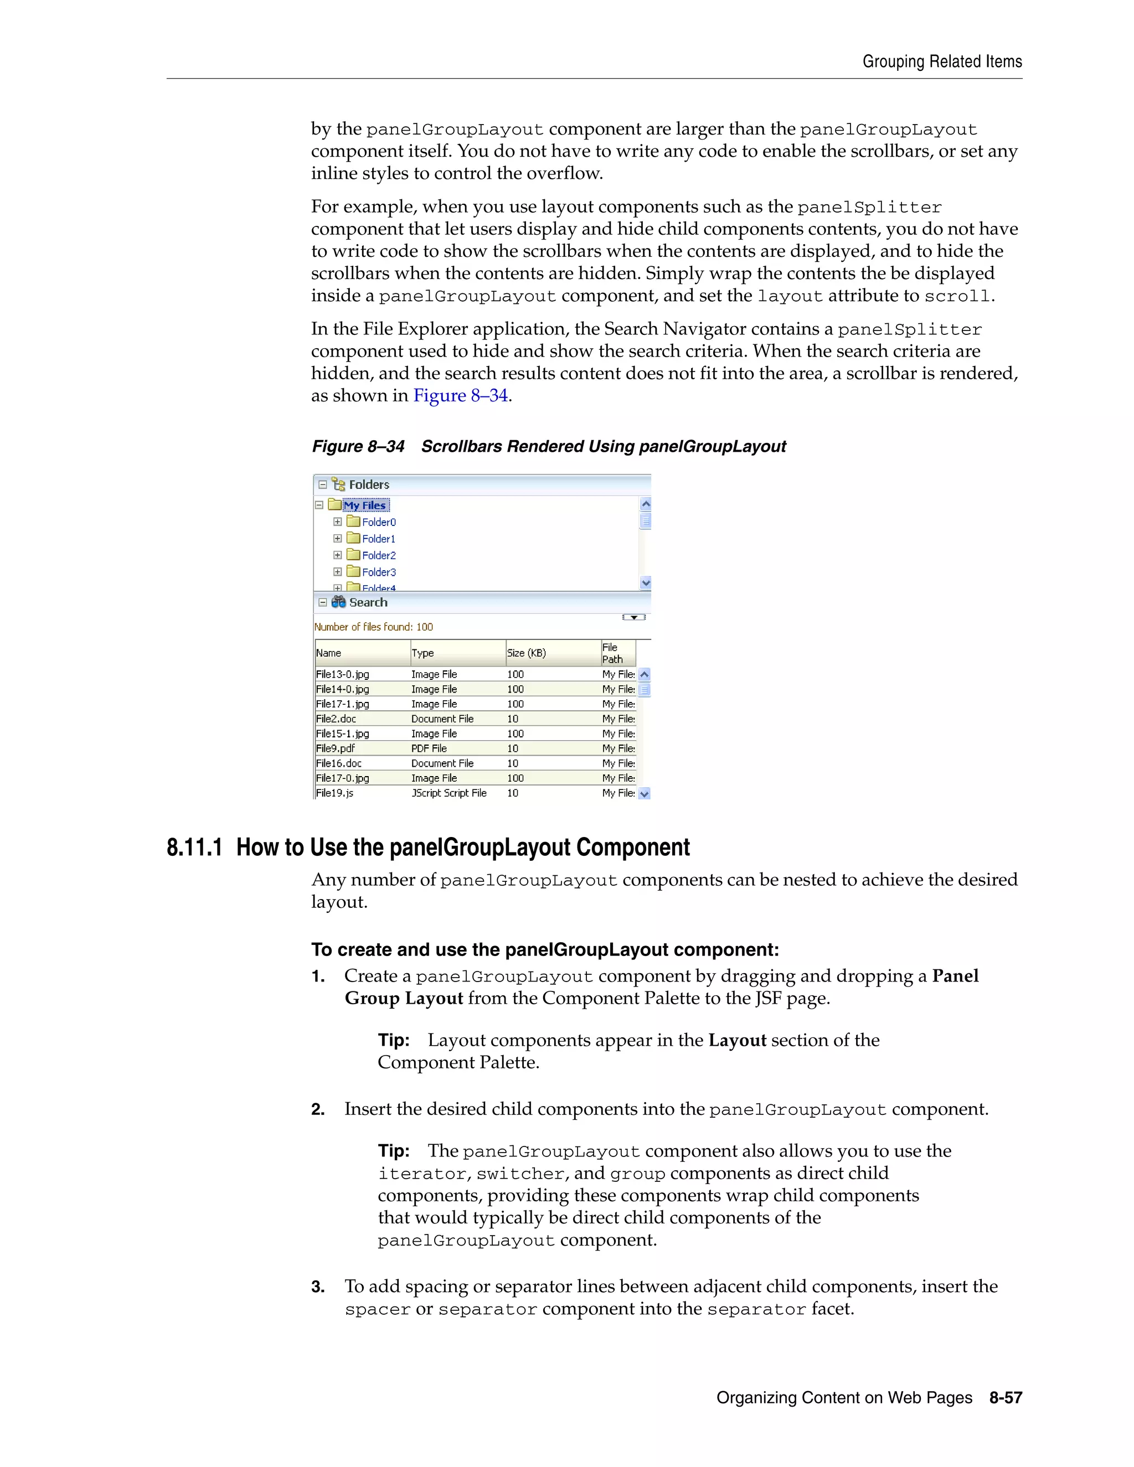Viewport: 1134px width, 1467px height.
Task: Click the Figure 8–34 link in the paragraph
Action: (460, 396)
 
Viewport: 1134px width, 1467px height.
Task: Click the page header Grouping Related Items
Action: (942, 62)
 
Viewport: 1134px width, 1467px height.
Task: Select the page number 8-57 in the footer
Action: (1005, 1397)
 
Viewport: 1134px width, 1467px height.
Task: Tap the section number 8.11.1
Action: (194, 848)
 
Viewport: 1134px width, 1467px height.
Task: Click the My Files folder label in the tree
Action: (365, 505)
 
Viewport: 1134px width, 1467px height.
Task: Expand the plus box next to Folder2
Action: (338, 555)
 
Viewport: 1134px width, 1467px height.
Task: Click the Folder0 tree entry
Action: (378, 522)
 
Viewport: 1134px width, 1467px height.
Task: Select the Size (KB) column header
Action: (526, 653)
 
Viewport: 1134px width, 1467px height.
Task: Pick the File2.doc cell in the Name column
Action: (336, 719)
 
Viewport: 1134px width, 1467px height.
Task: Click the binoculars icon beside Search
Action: (338, 602)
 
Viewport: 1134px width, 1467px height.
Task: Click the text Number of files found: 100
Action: (374, 627)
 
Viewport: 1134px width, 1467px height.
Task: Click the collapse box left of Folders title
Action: (322, 484)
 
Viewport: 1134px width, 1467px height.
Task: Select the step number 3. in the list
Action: (318, 1287)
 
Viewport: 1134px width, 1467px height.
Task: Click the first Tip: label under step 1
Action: (394, 1041)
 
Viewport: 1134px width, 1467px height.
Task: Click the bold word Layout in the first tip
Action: (737, 1041)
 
